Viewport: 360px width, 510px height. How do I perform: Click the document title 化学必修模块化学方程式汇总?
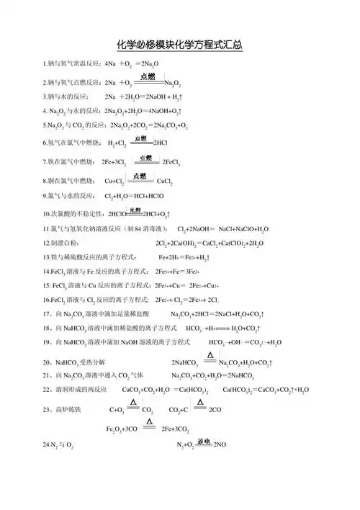pyautogui.click(x=180, y=45)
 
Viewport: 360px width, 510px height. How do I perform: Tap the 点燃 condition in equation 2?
pyautogui.click(x=148, y=76)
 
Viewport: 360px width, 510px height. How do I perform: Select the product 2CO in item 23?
pyautogui.click(x=215, y=411)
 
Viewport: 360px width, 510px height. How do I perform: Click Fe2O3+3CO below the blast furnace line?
pyautogui.click(x=121, y=430)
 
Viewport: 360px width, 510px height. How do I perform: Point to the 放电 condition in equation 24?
pyautogui.click(x=204, y=440)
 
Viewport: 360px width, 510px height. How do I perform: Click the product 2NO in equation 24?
pyautogui.click(x=220, y=447)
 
